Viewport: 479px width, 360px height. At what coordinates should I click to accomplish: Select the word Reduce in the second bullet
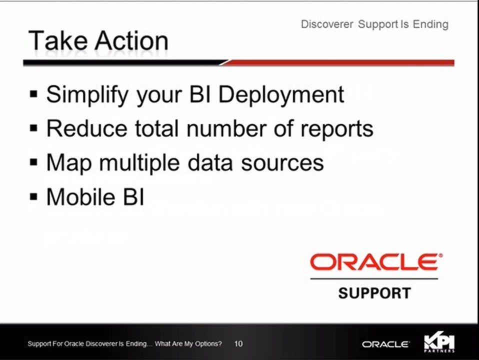(x=86, y=128)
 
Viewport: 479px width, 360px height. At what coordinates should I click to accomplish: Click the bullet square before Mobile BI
(x=34, y=196)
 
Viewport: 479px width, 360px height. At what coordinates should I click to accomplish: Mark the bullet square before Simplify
(x=34, y=93)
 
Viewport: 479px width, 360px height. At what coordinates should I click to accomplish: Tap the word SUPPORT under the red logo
(x=374, y=293)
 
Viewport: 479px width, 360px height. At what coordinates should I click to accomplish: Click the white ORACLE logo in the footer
(x=385, y=344)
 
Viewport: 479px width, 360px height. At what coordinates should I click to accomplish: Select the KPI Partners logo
(x=439, y=343)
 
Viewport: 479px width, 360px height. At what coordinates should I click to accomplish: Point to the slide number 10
(x=238, y=344)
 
